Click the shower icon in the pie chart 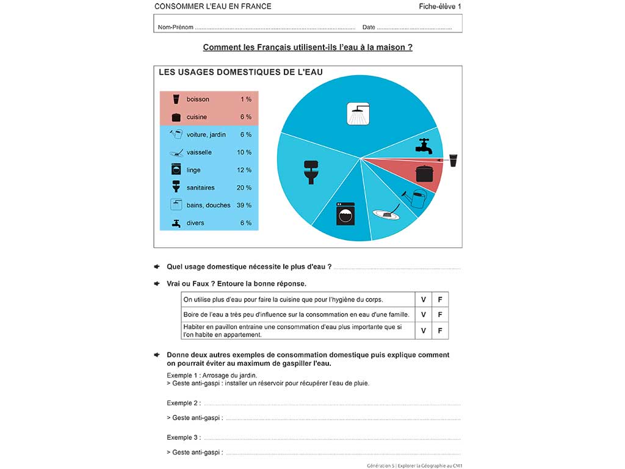(x=358, y=114)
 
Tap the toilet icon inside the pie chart (x=311, y=172)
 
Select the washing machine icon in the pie (x=345, y=214)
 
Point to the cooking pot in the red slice (x=424, y=173)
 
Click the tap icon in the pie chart (x=424, y=146)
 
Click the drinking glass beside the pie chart (x=453, y=161)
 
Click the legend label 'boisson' (x=198, y=100)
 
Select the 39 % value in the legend (x=244, y=205)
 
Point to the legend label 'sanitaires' (x=201, y=187)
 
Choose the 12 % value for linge (x=244, y=170)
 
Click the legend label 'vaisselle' (x=199, y=152)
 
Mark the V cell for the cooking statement (x=423, y=300)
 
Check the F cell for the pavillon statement (x=439, y=330)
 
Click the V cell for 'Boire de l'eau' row (x=423, y=315)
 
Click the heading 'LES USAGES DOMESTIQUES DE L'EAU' (x=240, y=72)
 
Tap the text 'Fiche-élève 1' (x=440, y=7)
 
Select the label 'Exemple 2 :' (x=184, y=403)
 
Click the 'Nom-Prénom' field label (x=175, y=27)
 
